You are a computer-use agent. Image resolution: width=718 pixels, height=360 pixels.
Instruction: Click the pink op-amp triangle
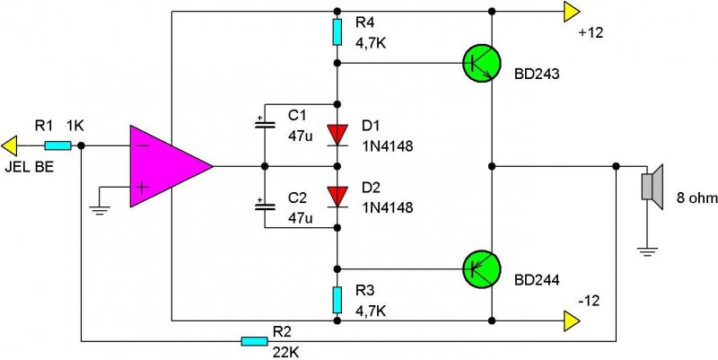(166, 167)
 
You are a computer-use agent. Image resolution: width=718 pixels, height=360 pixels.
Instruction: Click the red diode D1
(337, 135)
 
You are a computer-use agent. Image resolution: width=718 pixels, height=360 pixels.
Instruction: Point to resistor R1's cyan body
(58, 145)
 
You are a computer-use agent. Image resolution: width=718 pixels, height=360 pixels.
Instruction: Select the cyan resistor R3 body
(337, 298)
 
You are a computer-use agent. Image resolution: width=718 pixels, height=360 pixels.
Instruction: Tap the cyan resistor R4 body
(337, 32)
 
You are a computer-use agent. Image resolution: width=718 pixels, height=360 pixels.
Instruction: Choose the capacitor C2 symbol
(264, 206)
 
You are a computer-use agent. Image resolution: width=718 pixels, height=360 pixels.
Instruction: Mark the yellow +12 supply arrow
(571, 12)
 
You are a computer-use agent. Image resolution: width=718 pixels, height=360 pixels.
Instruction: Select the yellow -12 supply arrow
(571, 319)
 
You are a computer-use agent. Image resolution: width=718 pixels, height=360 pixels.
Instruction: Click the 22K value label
(285, 353)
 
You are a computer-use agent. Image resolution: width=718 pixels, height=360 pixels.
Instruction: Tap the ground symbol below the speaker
(647, 250)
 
